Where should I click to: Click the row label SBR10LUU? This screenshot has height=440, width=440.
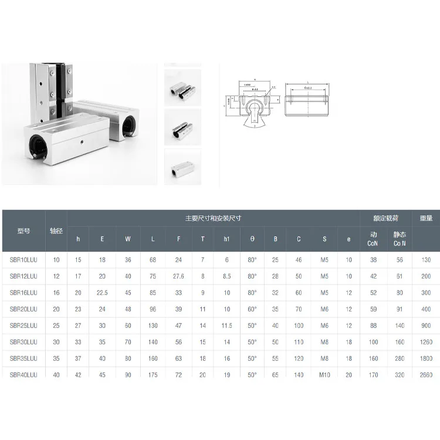pyautogui.click(x=23, y=259)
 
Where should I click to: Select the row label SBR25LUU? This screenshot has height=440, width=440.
pyautogui.click(x=23, y=325)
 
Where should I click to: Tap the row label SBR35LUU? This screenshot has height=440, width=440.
pyautogui.click(x=23, y=358)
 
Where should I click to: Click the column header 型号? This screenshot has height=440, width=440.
pyautogui.click(x=23, y=231)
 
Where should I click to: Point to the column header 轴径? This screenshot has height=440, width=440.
pyautogui.click(x=56, y=231)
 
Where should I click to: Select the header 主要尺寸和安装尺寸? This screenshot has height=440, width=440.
pyautogui.click(x=213, y=218)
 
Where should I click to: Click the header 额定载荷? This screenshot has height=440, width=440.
pyautogui.click(x=385, y=218)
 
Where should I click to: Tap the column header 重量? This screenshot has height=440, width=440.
pyautogui.click(x=426, y=218)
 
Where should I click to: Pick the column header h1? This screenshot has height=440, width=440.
pyautogui.click(x=226, y=239)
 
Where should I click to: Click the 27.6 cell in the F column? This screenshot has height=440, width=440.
pyautogui.click(x=178, y=276)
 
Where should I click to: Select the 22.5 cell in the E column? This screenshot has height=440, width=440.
pyautogui.click(x=102, y=292)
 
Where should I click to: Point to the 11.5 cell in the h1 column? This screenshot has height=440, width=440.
pyautogui.click(x=226, y=325)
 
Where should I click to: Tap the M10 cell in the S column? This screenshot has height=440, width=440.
pyautogui.click(x=324, y=374)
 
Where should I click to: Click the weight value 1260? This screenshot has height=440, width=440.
pyautogui.click(x=426, y=341)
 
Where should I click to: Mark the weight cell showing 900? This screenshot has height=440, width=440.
pyautogui.click(x=426, y=325)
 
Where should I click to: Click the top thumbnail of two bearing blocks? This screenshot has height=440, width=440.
pyautogui.click(x=182, y=87)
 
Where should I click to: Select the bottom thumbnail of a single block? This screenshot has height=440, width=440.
pyautogui.click(x=182, y=167)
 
